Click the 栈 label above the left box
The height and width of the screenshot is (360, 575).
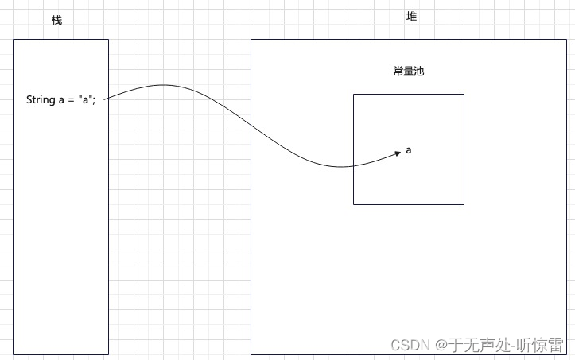56,20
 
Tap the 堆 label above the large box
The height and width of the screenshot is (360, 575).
411,17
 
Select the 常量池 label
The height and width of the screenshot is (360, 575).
409,72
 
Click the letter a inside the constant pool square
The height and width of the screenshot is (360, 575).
409,149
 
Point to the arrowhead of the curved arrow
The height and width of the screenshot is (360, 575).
397,154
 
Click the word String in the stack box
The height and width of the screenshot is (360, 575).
41,100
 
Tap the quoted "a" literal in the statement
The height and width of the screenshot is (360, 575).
86,100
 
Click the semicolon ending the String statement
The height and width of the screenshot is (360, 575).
95,101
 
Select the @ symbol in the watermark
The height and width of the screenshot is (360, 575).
441,346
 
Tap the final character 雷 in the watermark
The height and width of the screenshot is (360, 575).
557,345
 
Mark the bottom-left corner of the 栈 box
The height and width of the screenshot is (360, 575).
13,354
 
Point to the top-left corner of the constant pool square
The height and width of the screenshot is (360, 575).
354,94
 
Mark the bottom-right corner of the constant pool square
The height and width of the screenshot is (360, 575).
464,204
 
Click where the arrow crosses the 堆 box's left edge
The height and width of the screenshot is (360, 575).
251,125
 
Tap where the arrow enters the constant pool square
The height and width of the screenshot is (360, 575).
354,166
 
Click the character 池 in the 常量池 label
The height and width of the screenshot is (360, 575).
419,72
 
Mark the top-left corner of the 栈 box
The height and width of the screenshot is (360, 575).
13,39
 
